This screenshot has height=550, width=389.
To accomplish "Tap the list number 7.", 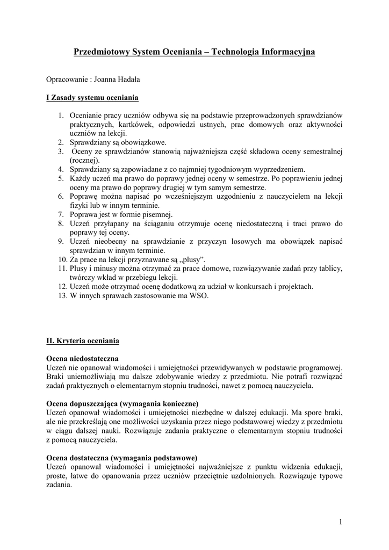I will click(61, 214).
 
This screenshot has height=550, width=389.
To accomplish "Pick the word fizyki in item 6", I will click(79, 205).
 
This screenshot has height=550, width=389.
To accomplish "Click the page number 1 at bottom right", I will click(341, 522).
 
